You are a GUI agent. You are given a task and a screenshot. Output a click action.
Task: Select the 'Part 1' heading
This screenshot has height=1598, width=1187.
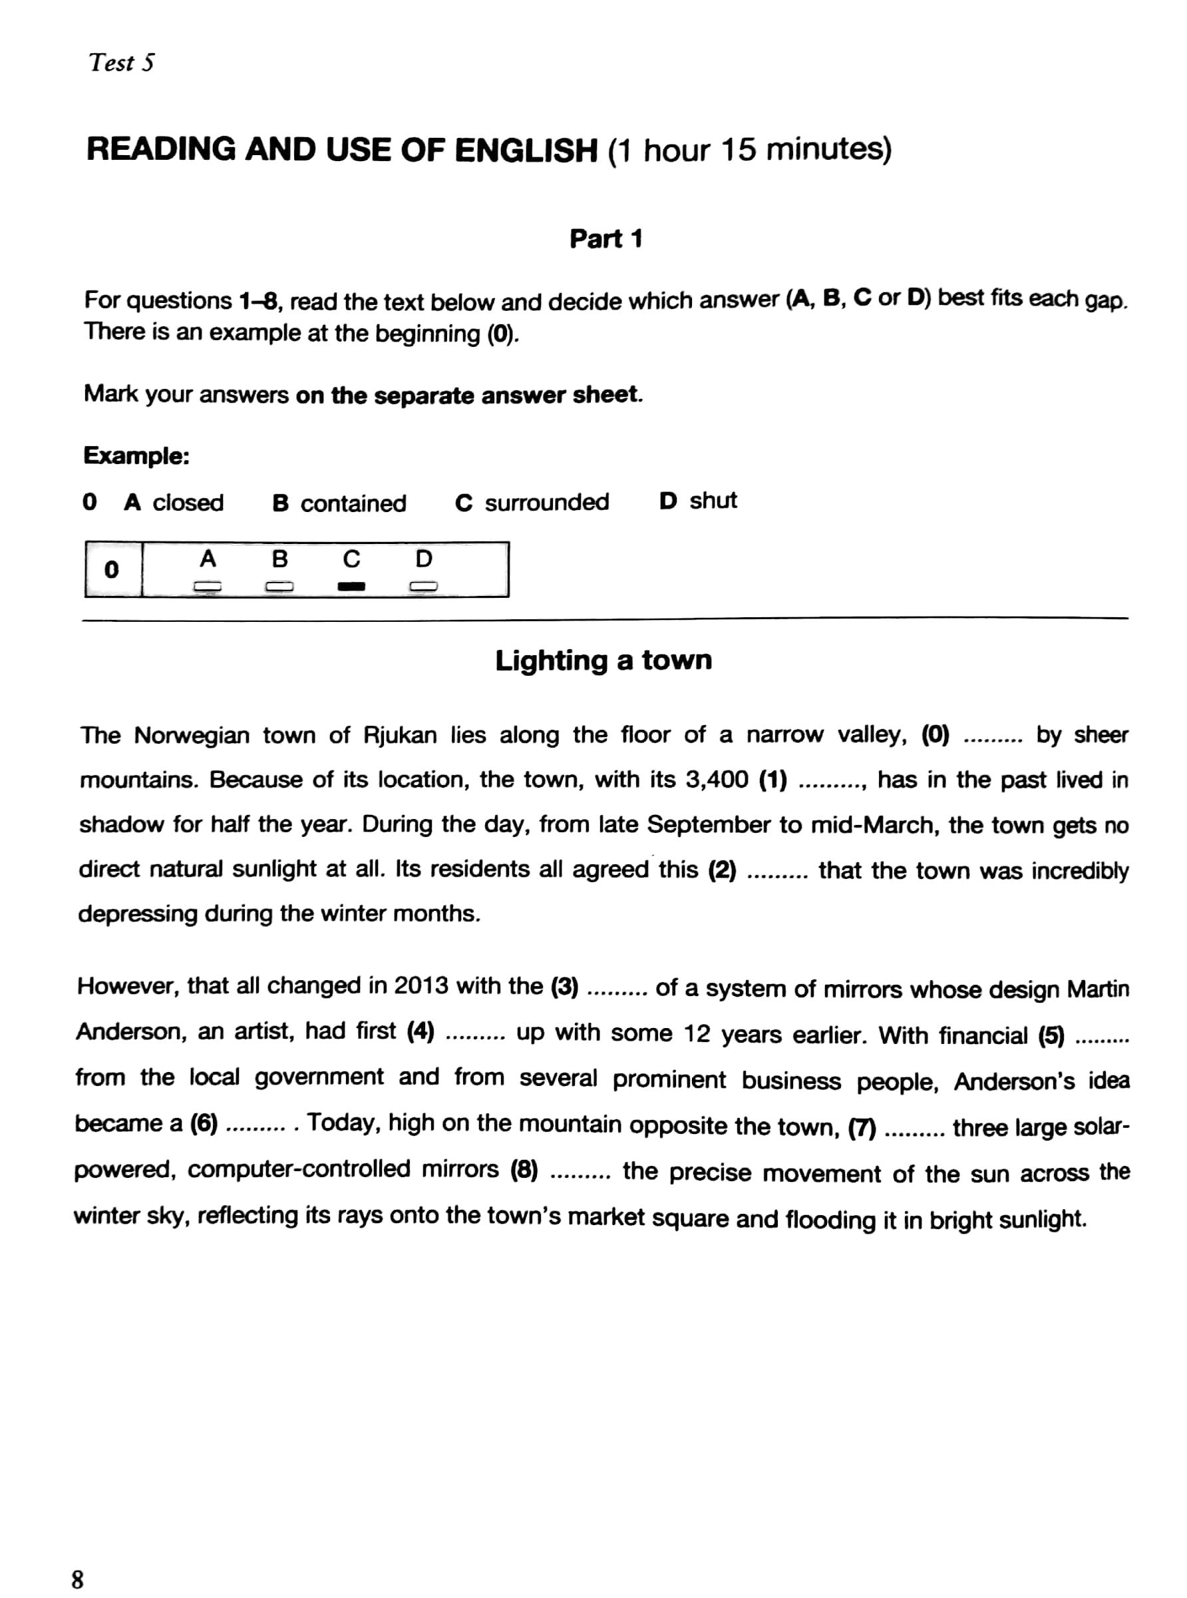pyautogui.click(x=605, y=238)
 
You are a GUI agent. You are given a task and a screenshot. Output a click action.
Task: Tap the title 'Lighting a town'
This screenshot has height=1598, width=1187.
pyautogui.click(x=603, y=660)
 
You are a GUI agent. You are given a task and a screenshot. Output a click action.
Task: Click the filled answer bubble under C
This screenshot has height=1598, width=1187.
pyautogui.click(x=351, y=587)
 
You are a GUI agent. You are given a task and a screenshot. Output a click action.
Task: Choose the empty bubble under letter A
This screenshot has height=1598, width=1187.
pyautogui.click(x=207, y=587)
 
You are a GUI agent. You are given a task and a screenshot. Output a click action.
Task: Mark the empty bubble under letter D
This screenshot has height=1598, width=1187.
pyautogui.click(x=424, y=587)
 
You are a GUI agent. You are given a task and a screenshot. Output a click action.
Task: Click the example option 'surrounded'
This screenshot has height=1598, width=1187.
pyautogui.click(x=546, y=502)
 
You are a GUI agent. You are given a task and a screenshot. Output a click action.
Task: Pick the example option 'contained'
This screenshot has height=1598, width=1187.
pyautogui.click(x=353, y=503)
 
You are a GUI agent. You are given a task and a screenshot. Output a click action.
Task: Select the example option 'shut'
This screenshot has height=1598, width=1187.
pyautogui.click(x=713, y=500)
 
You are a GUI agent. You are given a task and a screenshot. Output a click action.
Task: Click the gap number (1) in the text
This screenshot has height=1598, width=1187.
pyautogui.click(x=772, y=779)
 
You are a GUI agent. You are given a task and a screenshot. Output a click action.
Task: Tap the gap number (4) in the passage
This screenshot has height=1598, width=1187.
pyautogui.click(x=421, y=1032)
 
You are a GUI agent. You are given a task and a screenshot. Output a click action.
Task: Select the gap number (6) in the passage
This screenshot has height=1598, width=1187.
pyautogui.click(x=204, y=1123)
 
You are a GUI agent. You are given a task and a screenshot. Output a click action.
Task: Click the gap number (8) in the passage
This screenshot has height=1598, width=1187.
pyautogui.click(x=524, y=1170)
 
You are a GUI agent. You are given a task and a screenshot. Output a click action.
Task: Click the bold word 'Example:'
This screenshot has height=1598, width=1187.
pyautogui.click(x=136, y=455)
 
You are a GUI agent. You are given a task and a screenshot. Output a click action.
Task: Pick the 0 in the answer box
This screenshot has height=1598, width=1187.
pyautogui.click(x=111, y=570)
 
